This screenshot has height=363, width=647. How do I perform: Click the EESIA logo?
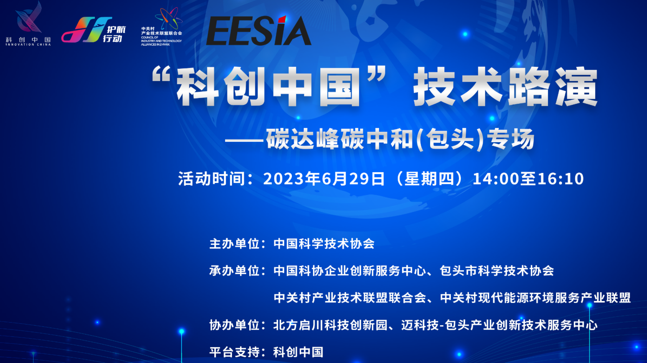pyautogui.click(x=259, y=30)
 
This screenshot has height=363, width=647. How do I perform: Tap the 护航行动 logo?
pyautogui.click(x=94, y=30)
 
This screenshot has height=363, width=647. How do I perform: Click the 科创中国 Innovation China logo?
pyautogui.click(x=28, y=24)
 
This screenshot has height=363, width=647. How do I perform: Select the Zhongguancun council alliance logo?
pyautogui.click(x=162, y=27)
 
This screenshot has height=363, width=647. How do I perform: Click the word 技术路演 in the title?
pyautogui.click(x=505, y=86)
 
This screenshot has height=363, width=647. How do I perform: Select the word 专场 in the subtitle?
pyautogui.click(x=510, y=140)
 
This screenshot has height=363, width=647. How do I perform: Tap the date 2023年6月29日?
pyautogui.click(x=324, y=178)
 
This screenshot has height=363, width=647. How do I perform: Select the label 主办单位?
pyautogui.click(x=234, y=244)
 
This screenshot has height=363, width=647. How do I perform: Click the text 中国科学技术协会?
pyautogui.click(x=324, y=244)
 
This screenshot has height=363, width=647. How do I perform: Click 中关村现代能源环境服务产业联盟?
pyautogui.click(x=535, y=298)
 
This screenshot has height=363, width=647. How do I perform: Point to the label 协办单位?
pyautogui.click(x=234, y=325)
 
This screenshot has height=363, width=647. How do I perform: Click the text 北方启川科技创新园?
pyautogui.click(x=331, y=325)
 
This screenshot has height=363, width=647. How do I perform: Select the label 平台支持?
pyautogui.click(x=234, y=352)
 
